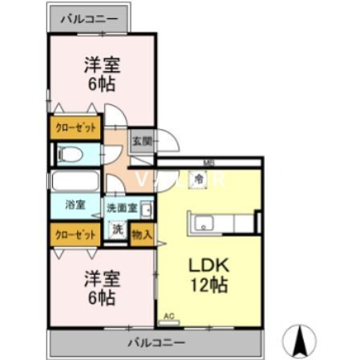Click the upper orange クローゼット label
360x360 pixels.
[x=77, y=127]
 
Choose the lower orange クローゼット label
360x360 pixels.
[x=77, y=234]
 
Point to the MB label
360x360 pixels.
[x=208, y=164]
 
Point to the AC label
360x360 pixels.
[x=169, y=315]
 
